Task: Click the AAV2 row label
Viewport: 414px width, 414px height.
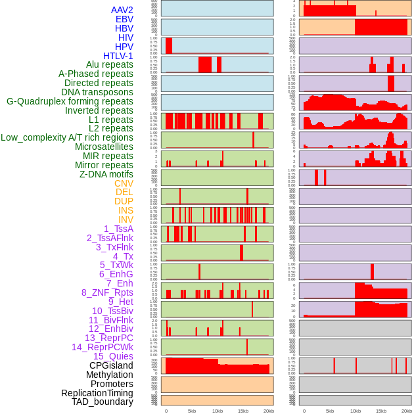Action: (122, 11)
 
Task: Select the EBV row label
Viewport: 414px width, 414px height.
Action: (124, 20)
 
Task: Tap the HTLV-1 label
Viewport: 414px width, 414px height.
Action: (118, 56)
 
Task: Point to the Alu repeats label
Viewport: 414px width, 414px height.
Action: (110, 64)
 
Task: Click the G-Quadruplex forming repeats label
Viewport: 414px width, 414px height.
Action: (70, 101)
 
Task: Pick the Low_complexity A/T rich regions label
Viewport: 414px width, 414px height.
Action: (67, 137)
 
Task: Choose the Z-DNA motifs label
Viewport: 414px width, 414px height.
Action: (106, 174)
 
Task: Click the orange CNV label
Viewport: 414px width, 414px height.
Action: (124, 183)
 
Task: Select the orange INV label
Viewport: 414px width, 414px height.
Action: (126, 219)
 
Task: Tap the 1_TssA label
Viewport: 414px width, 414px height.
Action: (118, 229)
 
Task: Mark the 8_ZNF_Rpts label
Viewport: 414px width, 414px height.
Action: (107, 292)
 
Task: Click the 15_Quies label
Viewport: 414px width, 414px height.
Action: (113, 356)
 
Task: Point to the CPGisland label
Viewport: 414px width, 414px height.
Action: (111, 365)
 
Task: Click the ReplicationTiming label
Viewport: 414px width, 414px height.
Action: (97, 393)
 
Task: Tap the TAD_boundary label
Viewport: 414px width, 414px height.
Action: (103, 402)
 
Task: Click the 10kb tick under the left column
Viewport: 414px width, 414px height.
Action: (218, 411)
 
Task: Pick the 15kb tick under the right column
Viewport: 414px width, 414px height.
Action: (381, 411)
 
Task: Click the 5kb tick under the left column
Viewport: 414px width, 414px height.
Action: (192, 411)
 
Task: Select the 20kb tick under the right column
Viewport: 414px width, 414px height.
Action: (407, 411)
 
